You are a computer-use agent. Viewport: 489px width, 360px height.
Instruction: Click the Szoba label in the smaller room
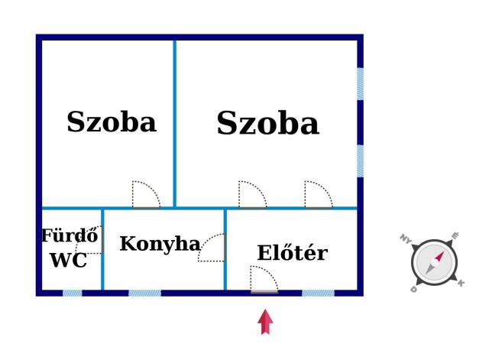pyautogui.click(x=112, y=122)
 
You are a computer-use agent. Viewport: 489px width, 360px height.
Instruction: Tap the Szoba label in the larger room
pyautogui.click(x=268, y=123)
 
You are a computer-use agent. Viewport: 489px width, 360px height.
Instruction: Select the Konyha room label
pyautogui.click(x=160, y=244)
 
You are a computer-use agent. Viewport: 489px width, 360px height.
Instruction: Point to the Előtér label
pyautogui.click(x=293, y=252)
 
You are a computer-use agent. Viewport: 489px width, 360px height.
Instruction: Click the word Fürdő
pyautogui.click(x=70, y=235)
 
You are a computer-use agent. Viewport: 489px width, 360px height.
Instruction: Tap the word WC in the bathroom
pyautogui.click(x=69, y=260)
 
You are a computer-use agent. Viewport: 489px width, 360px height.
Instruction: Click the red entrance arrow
pyautogui.click(x=265, y=322)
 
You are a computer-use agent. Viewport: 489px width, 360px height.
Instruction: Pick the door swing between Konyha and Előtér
pyautogui.click(x=212, y=248)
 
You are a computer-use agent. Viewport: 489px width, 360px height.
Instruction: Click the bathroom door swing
pyautogui.click(x=89, y=240)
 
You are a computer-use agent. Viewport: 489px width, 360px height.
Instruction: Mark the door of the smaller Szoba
pyautogui.click(x=146, y=194)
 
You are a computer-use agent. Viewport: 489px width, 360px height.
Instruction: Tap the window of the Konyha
pyautogui.click(x=144, y=293)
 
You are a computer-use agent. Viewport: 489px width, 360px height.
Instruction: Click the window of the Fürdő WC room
pyautogui.click(x=73, y=293)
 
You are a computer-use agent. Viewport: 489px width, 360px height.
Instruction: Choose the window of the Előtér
pyautogui.click(x=318, y=293)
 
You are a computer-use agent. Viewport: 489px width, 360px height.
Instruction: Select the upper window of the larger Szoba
pyautogui.click(x=360, y=84)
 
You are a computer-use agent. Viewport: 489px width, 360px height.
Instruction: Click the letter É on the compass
pyautogui.click(x=455, y=235)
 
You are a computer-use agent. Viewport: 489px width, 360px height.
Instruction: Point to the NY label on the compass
pyautogui.click(x=406, y=238)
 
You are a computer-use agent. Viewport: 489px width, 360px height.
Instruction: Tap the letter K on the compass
pyautogui.click(x=461, y=283)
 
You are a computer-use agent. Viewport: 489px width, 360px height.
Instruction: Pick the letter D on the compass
pyautogui.click(x=413, y=289)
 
